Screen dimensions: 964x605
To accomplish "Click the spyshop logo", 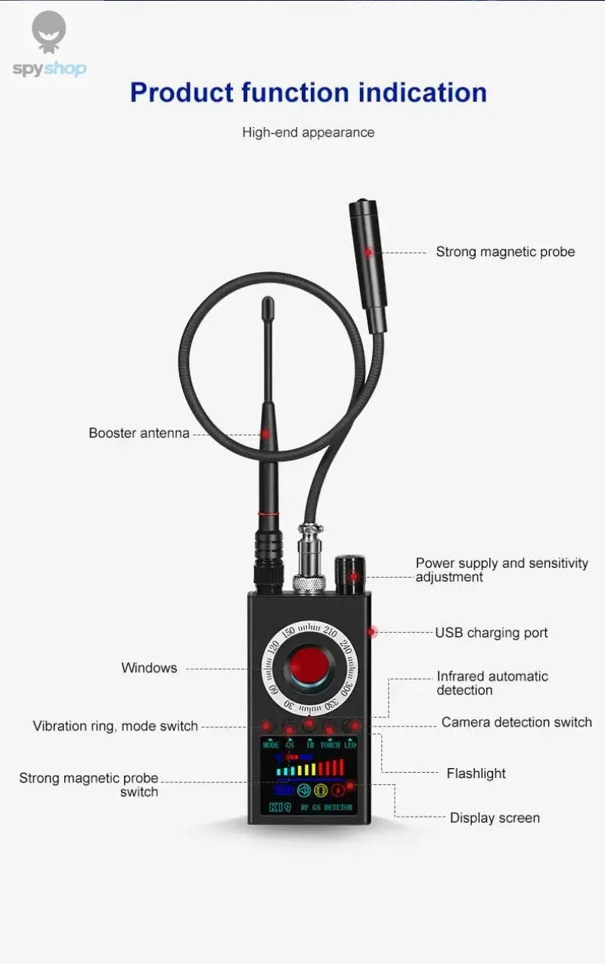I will click(49, 45).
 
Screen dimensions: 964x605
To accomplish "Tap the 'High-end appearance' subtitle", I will click(308, 132).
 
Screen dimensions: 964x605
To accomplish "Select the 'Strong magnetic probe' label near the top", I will click(505, 252).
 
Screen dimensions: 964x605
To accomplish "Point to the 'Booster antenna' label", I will click(139, 433).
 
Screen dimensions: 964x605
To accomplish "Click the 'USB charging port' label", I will click(491, 633).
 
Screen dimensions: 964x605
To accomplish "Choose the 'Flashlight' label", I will click(476, 773).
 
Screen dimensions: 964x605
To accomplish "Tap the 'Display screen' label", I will click(495, 818).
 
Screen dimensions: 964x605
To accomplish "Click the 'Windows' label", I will click(149, 668).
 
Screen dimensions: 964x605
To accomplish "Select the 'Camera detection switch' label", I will click(517, 722).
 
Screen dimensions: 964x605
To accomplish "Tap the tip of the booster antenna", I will click(268, 304).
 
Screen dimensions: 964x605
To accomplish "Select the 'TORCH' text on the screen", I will click(330, 745).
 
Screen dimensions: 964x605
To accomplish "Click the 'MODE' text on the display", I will click(270, 745).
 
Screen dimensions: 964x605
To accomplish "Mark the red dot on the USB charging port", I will click(372, 631).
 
